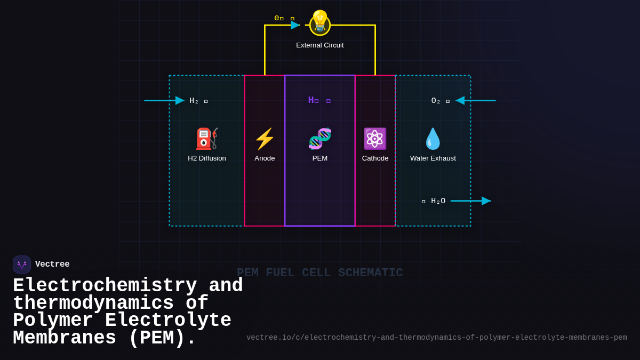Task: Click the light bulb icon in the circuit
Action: (320, 22)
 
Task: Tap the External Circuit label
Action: (320, 45)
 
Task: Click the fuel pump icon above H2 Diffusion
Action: (207, 139)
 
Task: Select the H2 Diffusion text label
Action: (207, 158)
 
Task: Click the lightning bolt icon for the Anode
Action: (265, 139)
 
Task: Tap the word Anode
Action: (265, 158)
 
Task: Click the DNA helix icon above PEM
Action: (320, 139)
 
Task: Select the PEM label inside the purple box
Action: (320, 158)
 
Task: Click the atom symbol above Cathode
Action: (375, 139)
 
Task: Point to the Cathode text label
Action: (375, 158)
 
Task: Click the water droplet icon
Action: (433, 139)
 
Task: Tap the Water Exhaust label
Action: (433, 158)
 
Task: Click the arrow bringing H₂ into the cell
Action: (164, 100)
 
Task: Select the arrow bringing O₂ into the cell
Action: (475, 100)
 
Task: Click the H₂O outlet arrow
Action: (470, 201)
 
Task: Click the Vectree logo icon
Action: (22, 265)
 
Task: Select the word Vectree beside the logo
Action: (52, 265)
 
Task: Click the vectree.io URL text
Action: (436, 338)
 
